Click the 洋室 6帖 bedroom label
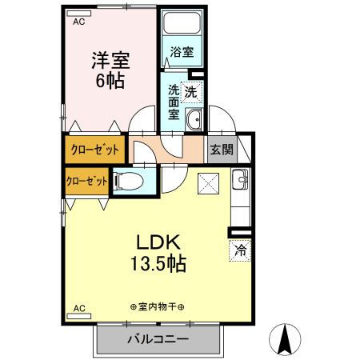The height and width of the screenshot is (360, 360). coord(110,70)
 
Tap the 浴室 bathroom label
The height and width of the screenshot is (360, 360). coord(182,53)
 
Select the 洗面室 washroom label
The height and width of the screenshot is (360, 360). coord(174,101)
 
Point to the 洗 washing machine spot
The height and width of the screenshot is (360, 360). coord(192,91)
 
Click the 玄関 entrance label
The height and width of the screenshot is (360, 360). coord(221,149)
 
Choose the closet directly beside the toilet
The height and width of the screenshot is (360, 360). coord(86,181)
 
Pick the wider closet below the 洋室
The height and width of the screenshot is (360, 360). coord(95,149)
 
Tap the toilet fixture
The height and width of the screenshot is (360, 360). coord(132,182)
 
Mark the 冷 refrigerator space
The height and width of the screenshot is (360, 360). coord(240,250)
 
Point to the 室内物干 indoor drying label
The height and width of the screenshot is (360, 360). coord(157,307)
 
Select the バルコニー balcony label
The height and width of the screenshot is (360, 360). coord(158,340)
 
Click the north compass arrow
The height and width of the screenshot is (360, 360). coord(284,339)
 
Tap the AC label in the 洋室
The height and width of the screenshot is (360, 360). coord(78,22)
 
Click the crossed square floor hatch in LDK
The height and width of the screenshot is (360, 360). coord(207,183)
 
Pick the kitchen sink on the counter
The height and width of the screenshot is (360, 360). coord(239,181)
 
